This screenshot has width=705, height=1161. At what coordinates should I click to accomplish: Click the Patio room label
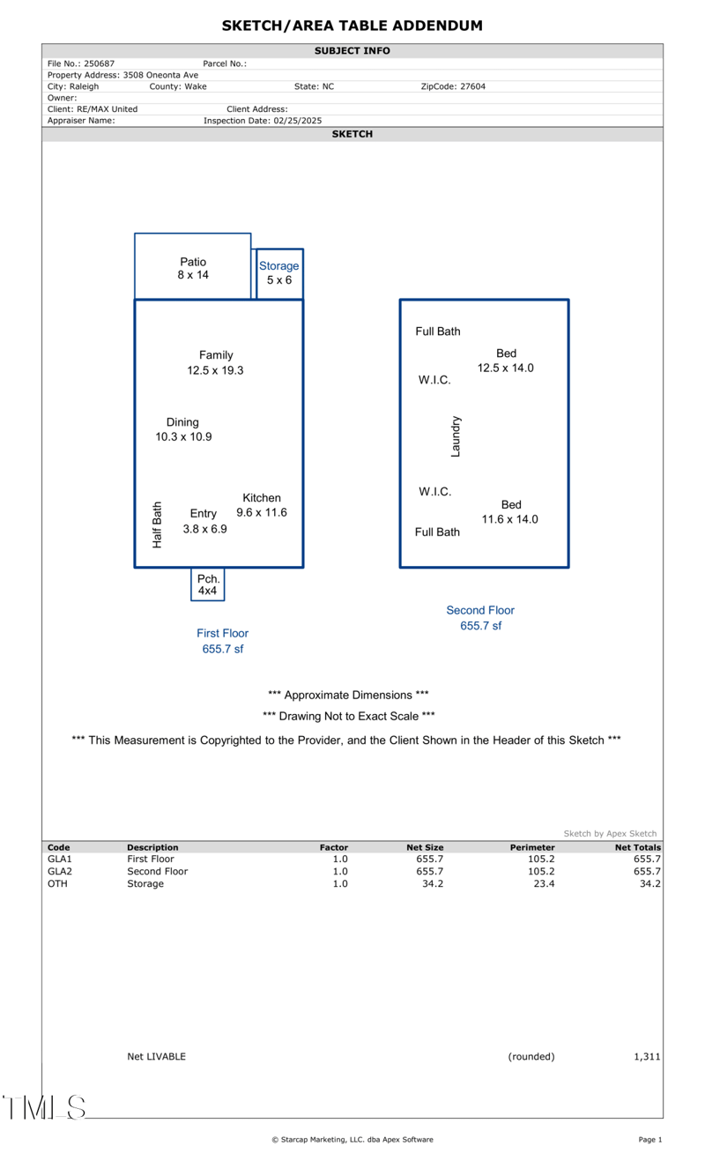coord(193,262)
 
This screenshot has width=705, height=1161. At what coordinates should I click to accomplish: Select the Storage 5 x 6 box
coord(278,273)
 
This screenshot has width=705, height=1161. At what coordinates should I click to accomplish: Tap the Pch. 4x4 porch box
coord(208,584)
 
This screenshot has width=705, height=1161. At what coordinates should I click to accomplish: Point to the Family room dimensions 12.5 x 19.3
coord(215,370)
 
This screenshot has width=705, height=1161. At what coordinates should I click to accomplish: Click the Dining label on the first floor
coord(182,422)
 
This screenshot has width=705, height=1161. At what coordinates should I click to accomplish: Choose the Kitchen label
coord(262,498)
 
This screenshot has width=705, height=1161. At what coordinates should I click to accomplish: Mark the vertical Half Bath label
coord(158,525)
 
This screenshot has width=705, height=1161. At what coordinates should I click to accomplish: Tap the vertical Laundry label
coord(456,436)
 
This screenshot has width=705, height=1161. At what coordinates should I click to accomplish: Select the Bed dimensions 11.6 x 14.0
coord(509,519)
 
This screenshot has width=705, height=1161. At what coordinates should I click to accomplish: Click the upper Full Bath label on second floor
coord(438,331)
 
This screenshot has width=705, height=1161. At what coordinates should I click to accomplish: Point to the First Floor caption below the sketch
coord(222,633)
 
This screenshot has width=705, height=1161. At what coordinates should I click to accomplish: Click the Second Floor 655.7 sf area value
coord(480,626)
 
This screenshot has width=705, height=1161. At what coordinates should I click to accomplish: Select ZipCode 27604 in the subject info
coord(453,86)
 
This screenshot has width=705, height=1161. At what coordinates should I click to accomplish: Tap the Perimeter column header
coord(532,847)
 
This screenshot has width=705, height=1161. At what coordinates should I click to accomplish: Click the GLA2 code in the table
coord(59,871)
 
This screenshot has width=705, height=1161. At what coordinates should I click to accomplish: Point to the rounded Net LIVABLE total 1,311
coord(647,1056)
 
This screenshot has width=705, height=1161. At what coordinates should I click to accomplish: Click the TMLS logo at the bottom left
coord(44,1107)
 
